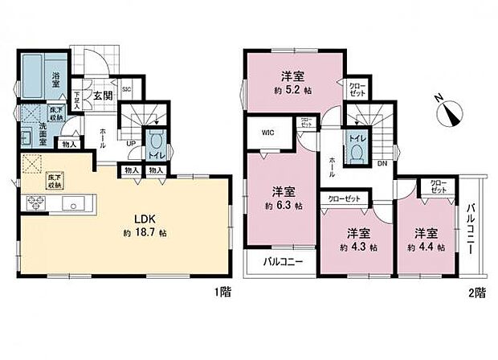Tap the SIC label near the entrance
[x=126, y=90]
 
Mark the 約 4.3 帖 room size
[x=357, y=247]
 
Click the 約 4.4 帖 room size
[x=426, y=247]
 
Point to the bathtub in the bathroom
[x=31, y=74]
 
